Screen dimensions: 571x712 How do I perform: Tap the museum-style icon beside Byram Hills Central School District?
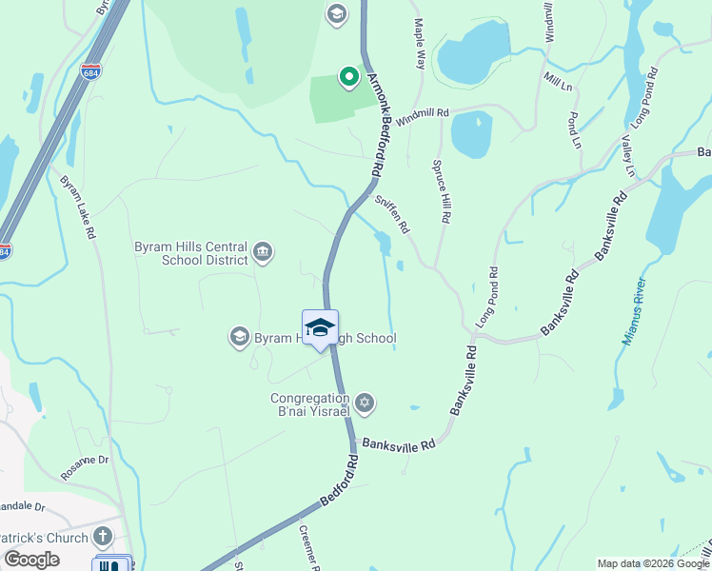(264, 252)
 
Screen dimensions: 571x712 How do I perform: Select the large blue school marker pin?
(321, 328)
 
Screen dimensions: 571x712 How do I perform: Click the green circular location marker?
(349, 78)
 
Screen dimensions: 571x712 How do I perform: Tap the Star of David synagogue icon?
(363, 404)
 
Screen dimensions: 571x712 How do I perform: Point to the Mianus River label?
(634, 311)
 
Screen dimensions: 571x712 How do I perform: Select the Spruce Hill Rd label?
(443, 185)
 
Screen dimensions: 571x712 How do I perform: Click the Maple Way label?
(418, 43)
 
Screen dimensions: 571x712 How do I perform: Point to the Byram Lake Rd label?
(78, 207)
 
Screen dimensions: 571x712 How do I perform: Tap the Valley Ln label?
(627, 156)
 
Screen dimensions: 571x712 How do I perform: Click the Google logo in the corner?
(31, 560)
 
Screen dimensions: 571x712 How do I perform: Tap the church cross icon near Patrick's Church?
(103, 538)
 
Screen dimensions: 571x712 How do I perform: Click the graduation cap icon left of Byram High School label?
(239, 336)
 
